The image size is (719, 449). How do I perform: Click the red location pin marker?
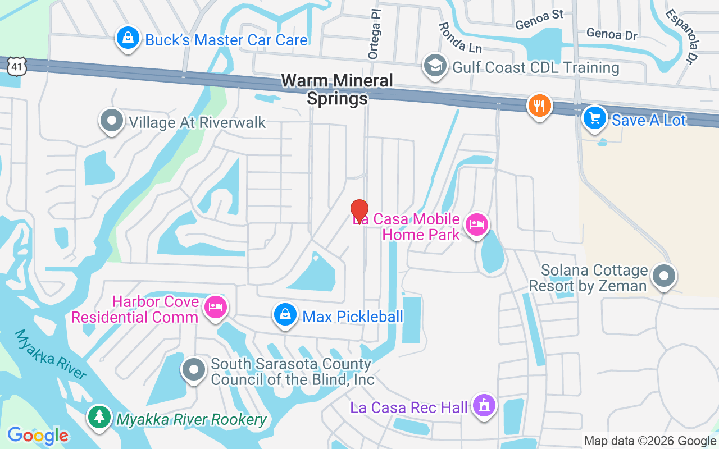359,212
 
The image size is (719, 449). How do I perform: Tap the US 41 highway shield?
16,67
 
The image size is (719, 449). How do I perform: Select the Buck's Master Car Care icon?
128,39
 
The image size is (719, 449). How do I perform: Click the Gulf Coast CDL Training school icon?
434,66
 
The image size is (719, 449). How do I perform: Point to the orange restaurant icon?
539,106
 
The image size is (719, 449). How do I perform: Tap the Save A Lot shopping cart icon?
595,118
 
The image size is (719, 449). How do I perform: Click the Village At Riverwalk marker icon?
111,120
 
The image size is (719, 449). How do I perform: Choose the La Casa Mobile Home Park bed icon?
477,226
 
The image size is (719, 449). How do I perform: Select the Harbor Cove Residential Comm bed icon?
215,307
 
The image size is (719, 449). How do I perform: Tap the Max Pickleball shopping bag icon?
285,315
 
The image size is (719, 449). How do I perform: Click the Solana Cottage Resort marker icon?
665,276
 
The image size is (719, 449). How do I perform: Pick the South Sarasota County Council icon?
194,370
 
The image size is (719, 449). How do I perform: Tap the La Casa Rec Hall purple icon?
484,405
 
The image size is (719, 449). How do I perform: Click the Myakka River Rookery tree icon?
100,416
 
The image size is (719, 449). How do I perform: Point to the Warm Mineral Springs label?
337,89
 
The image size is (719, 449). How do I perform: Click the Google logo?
38,436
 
